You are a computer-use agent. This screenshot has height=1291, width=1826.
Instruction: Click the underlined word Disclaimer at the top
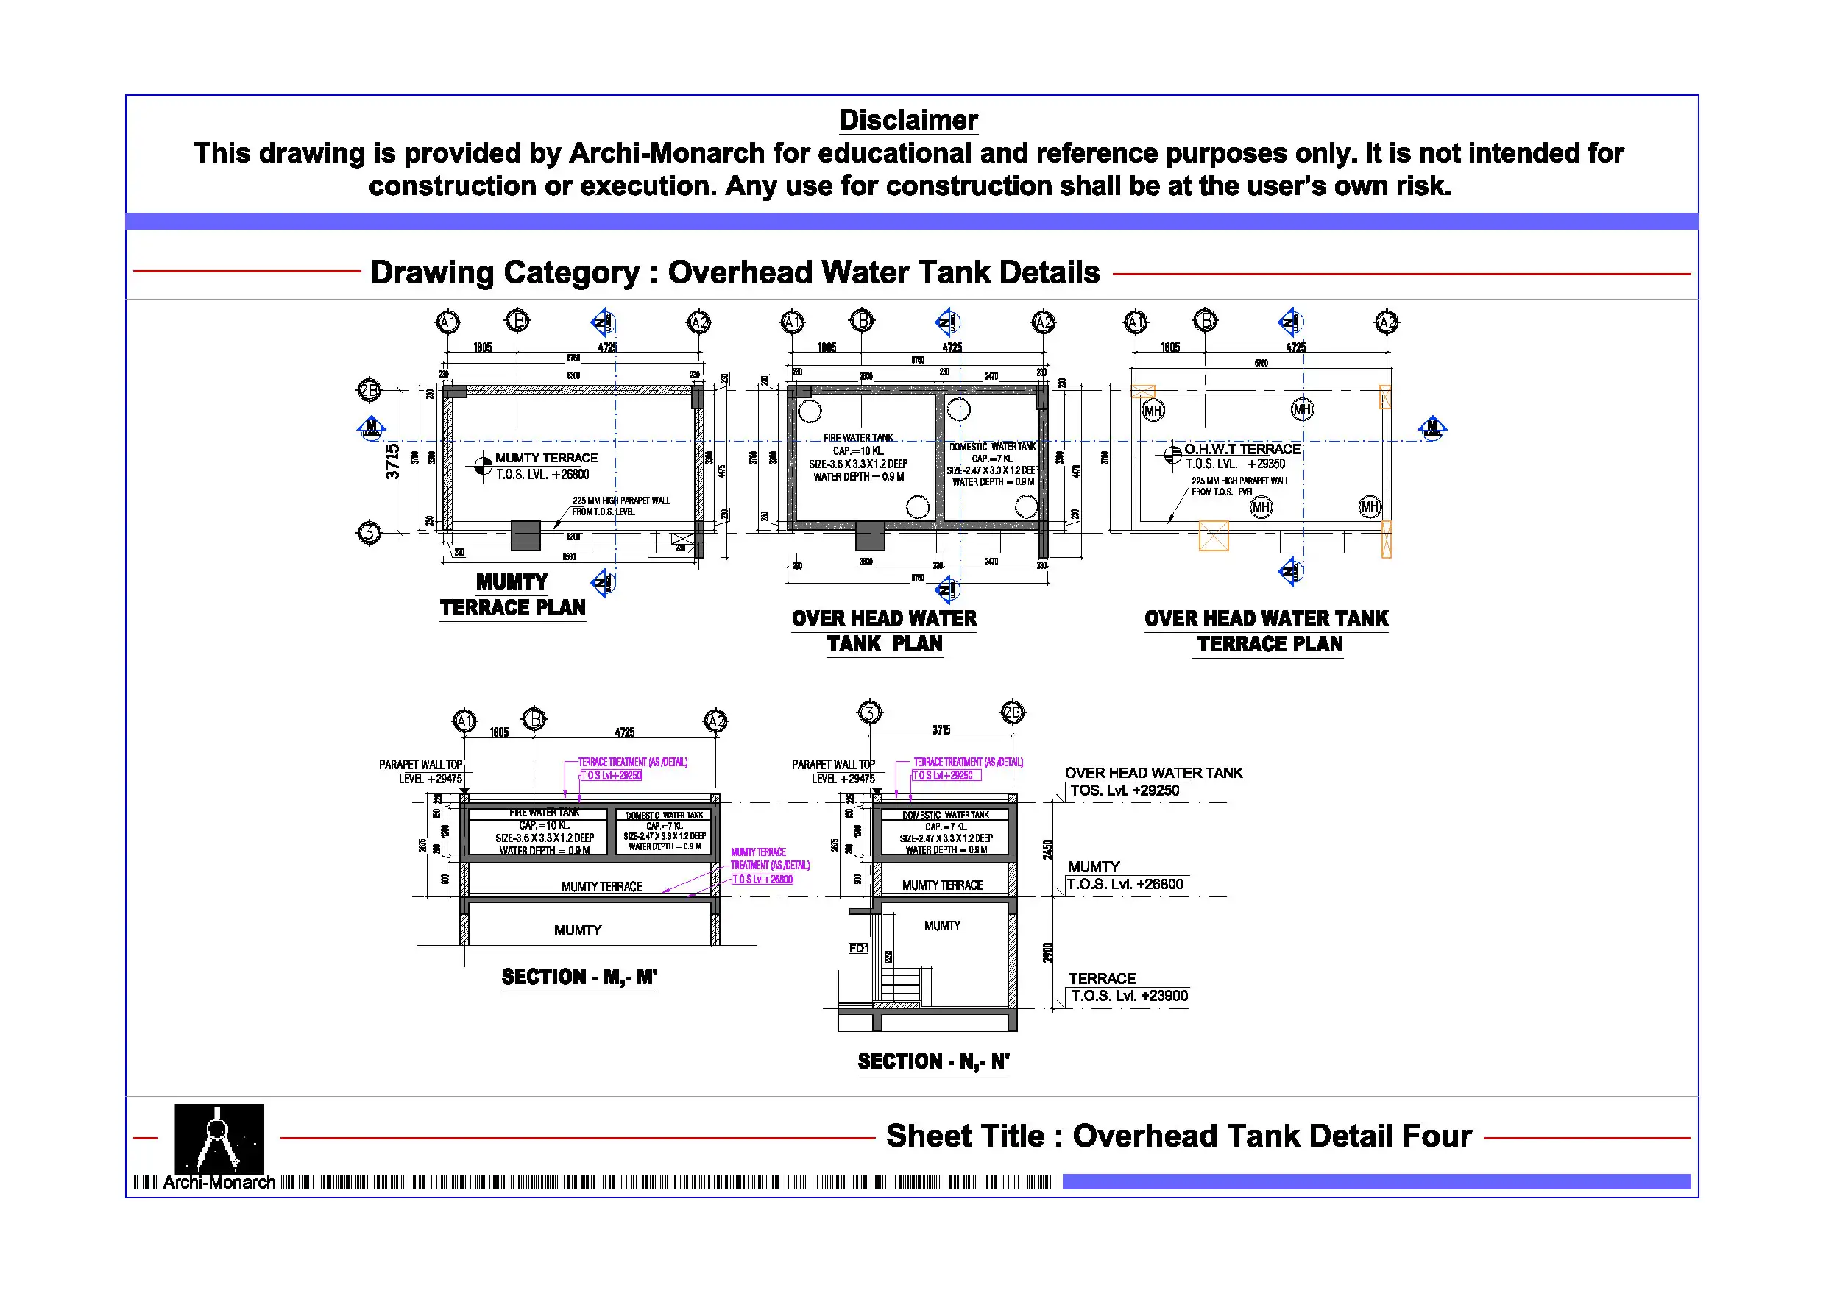point(907,120)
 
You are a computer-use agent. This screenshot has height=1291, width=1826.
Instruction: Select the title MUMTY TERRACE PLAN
point(512,595)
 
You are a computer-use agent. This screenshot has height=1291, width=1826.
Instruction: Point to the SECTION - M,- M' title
point(579,977)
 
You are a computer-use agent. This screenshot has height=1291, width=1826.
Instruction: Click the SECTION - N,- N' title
point(933,1061)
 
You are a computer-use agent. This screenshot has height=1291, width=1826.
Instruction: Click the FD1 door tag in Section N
point(858,948)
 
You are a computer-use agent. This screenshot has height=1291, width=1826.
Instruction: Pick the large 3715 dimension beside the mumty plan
point(392,461)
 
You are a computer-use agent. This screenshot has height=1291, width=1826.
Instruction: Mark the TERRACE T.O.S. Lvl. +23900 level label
point(1128,988)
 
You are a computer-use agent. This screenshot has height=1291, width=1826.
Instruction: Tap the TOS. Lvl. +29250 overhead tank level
point(1124,790)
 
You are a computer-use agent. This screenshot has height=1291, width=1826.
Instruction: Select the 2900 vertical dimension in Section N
point(1048,953)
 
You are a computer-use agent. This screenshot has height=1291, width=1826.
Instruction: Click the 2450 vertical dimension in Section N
point(1048,849)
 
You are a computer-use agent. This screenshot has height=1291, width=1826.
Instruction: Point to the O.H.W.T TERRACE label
point(1242,450)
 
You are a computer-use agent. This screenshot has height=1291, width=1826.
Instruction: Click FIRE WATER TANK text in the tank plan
point(858,438)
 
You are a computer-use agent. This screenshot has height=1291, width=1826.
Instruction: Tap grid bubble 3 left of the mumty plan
point(369,532)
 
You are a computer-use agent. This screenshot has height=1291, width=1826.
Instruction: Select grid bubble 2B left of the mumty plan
point(369,391)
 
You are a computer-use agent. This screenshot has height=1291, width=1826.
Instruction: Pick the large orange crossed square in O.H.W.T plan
point(1213,535)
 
